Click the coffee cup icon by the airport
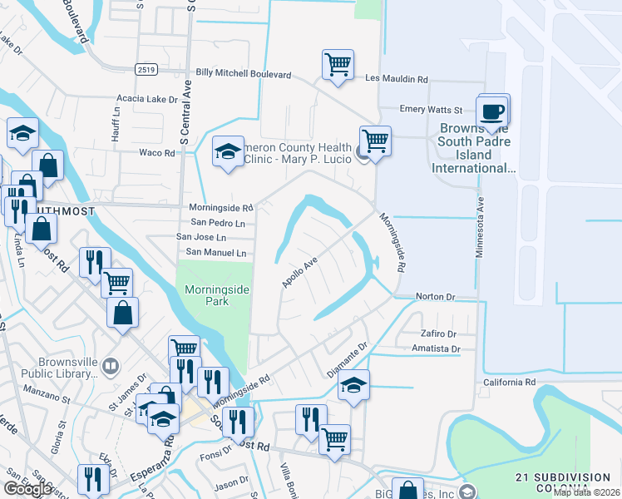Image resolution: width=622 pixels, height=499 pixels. point(493,111)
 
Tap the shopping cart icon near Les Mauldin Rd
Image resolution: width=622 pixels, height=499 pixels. point(338,64)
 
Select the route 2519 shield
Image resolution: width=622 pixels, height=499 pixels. point(148,70)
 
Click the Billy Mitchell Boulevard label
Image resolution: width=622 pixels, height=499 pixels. point(244,74)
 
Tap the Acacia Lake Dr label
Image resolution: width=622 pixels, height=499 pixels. point(148,98)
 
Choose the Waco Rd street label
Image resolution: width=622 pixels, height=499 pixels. point(156,153)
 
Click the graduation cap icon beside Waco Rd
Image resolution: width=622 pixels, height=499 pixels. point(228,151)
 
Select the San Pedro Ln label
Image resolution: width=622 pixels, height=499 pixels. point(218,223)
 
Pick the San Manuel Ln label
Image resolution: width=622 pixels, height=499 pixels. point(216,252)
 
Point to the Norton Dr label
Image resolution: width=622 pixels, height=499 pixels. point(437,296)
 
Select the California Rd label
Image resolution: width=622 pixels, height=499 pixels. point(510,382)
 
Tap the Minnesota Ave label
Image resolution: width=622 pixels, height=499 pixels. point(479,226)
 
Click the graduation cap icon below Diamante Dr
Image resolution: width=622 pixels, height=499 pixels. point(353,385)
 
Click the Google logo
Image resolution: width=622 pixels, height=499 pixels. point(27,489)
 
